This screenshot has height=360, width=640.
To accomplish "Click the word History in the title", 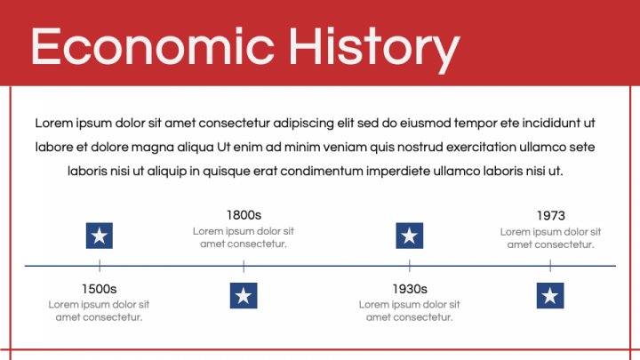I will tap(374, 46).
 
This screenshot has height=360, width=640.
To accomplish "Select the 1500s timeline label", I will tap(99, 289).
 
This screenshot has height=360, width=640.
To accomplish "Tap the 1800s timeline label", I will tap(244, 215).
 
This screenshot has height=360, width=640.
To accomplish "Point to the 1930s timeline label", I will tap(410, 289).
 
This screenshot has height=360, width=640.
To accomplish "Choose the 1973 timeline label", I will tap(550, 215).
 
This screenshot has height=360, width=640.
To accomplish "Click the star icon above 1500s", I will tap(100, 236).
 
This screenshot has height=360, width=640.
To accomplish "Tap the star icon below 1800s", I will tap(244, 295).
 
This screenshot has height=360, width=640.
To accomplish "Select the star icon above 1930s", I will tap(409, 236).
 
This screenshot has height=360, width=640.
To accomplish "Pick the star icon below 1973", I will tap(550, 295).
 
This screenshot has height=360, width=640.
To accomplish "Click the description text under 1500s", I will tap(99, 310).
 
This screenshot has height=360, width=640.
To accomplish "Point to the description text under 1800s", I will tap(244, 237).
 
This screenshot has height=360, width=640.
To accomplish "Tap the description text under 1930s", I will tap(410, 310).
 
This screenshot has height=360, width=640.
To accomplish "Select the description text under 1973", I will tap(550, 237).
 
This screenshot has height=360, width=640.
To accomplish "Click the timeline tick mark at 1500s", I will tap(100, 265).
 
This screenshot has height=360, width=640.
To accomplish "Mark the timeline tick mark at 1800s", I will tap(244, 265).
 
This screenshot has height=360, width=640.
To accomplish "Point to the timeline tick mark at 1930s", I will tap(409, 265).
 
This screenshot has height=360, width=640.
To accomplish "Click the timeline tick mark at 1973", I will tap(550, 265).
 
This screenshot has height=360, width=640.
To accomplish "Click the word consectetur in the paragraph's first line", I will tap(250, 123).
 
